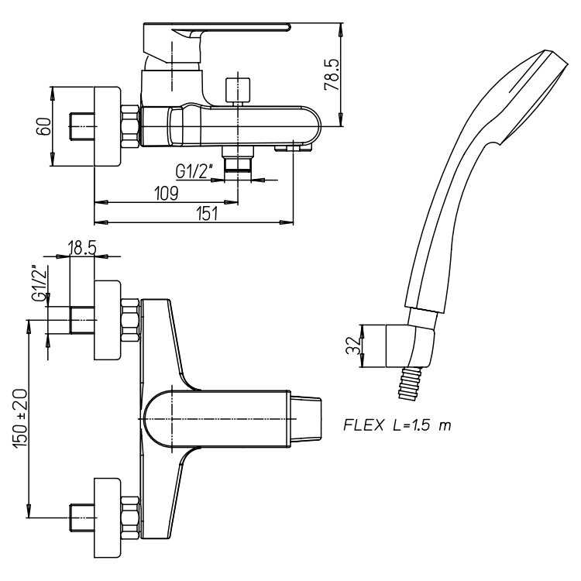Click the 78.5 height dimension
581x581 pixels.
[x=332, y=74]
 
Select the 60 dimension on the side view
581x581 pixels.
[x=43, y=126]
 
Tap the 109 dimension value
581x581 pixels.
[x=167, y=194]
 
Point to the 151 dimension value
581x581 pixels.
[x=207, y=214]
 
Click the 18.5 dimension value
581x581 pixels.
[x=82, y=248]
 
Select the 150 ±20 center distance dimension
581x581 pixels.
[x=21, y=418]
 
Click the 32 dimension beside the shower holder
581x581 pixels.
[x=353, y=346]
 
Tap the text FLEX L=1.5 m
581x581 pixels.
[x=397, y=425]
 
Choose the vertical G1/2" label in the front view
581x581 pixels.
[x=40, y=283]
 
